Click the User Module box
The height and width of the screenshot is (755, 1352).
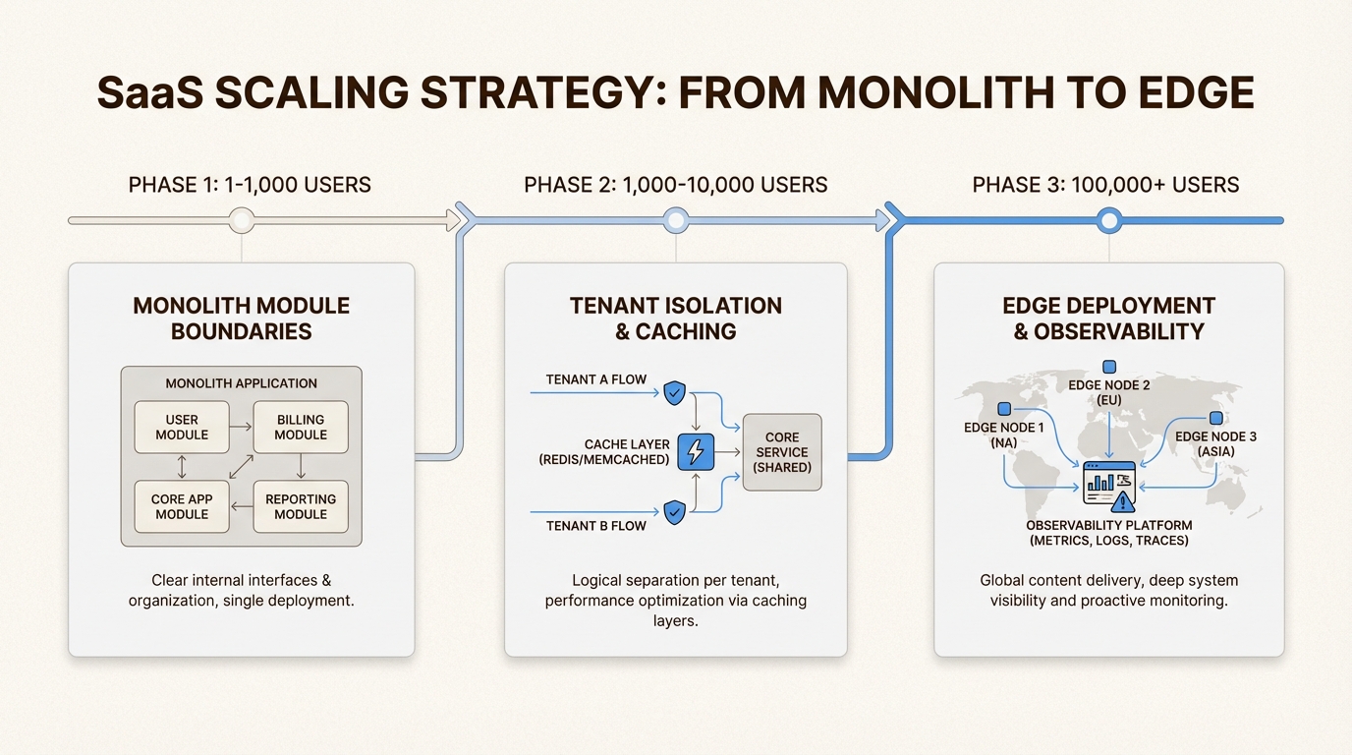[x=182, y=427]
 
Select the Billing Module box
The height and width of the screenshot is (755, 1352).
[x=301, y=427]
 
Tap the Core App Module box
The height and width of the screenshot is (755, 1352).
[x=182, y=506]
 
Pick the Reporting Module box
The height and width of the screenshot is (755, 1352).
[x=301, y=506]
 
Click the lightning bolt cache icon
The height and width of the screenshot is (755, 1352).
[x=696, y=452]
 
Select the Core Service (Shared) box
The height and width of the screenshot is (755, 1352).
[x=781, y=452]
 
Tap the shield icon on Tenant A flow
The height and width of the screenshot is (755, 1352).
[x=674, y=393]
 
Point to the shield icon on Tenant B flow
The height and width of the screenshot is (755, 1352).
[x=674, y=511]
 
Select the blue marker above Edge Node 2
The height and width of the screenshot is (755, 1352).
[x=1109, y=367]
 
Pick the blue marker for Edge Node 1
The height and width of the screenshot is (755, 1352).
[x=1004, y=409]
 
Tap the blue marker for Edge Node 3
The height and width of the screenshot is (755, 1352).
[x=1215, y=418]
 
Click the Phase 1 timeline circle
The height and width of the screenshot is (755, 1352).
[x=242, y=221]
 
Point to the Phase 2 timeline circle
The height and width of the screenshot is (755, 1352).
[x=675, y=221]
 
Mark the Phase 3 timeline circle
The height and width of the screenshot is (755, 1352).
[x=1108, y=221]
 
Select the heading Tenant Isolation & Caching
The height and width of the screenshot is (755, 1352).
[x=676, y=319]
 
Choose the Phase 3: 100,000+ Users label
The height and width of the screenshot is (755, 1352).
[x=1105, y=185]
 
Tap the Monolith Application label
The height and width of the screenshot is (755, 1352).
[x=242, y=383]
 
